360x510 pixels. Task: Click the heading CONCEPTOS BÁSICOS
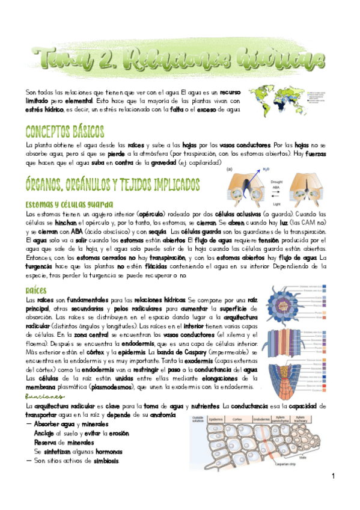point(64,131)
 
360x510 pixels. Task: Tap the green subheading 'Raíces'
point(37,289)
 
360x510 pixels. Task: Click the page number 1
point(333,476)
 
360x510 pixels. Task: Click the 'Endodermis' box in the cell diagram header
point(261,419)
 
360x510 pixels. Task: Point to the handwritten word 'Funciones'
point(44,397)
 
